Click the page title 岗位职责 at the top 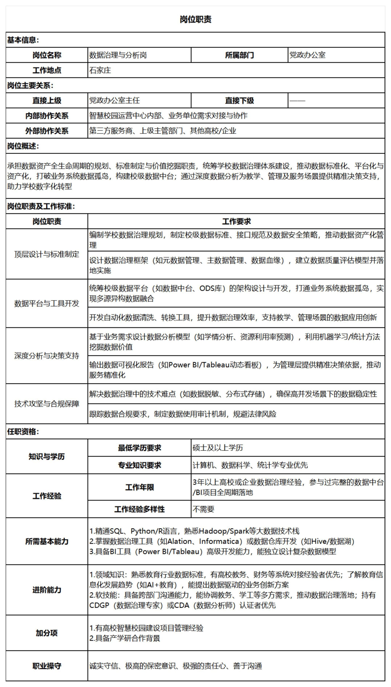[x=195, y=19]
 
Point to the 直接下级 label [x=239, y=100]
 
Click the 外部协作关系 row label [x=47, y=131]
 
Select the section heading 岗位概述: [x=23, y=146]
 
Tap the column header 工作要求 [x=236, y=221]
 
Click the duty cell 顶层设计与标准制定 [x=47, y=254]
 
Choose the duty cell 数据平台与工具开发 [x=47, y=304]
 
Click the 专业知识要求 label [x=139, y=465]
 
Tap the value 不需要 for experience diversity [x=203, y=509]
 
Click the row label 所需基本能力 [x=47, y=541]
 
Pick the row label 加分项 [x=47, y=633]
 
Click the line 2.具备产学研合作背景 [x=125, y=638]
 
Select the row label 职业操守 [x=47, y=666]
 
